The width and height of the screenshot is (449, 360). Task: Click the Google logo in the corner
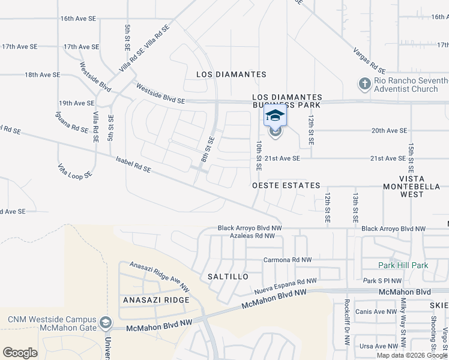(x=20, y=353)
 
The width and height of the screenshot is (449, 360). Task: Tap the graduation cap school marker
(x=275, y=115)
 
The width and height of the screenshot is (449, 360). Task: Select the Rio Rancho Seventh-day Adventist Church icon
(x=365, y=83)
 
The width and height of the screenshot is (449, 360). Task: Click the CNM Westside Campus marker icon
(x=106, y=323)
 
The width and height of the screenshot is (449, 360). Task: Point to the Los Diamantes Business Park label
(x=287, y=101)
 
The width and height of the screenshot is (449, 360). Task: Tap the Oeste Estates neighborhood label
(x=286, y=185)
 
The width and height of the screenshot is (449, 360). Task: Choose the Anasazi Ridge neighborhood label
(x=156, y=299)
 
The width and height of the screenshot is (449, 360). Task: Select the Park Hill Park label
(x=403, y=265)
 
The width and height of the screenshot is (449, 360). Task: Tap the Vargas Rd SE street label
(x=368, y=58)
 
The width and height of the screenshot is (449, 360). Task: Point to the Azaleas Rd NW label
(x=252, y=236)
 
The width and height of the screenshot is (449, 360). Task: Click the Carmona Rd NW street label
(x=288, y=260)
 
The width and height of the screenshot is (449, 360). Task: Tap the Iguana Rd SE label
(x=71, y=127)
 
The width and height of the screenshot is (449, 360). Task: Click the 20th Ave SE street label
(x=389, y=130)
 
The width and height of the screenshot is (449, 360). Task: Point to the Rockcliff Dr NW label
(x=347, y=322)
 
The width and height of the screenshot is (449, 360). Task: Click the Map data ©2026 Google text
(x=411, y=355)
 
